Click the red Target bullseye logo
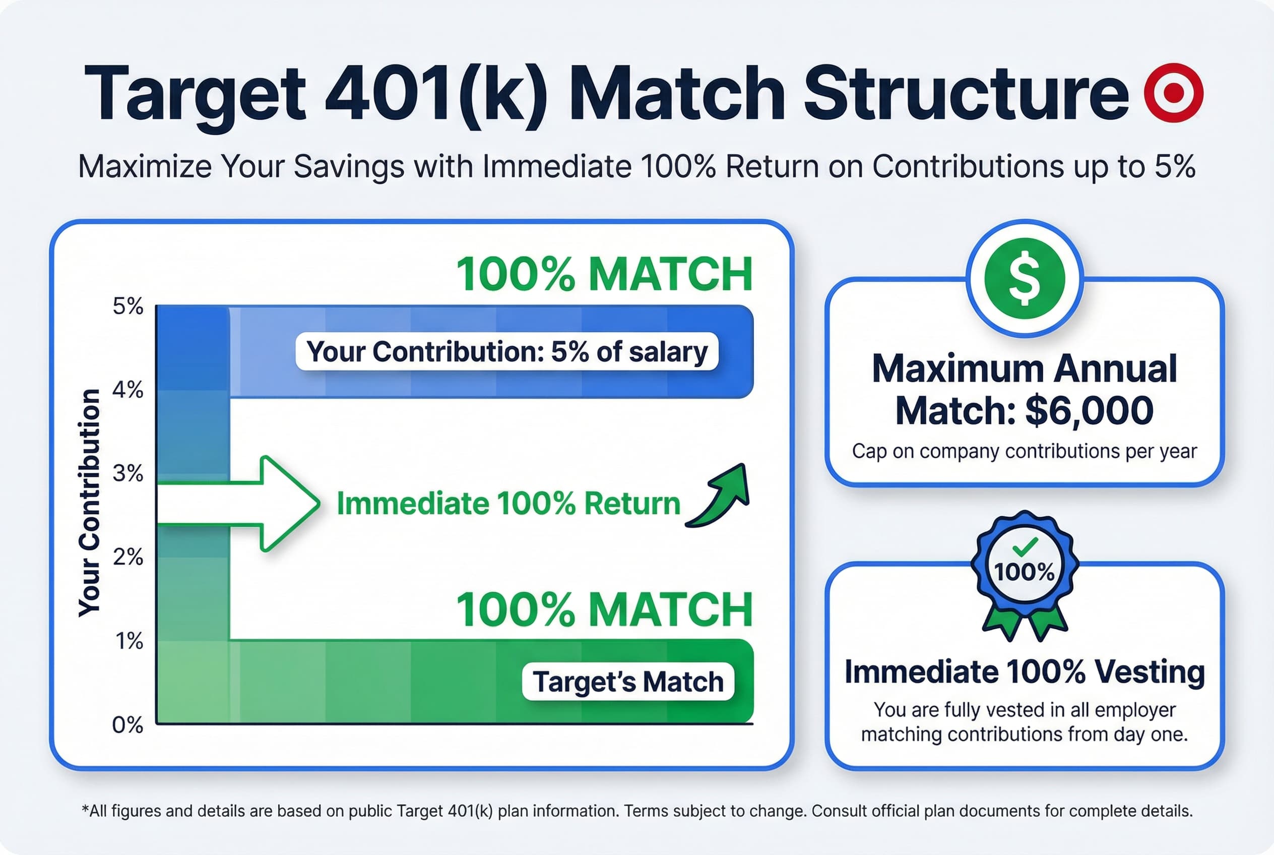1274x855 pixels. pyautogui.click(x=1173, y=92)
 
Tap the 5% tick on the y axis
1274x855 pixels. pyautogui.click(x=128, y=307)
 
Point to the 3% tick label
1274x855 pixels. pyautogui.click(x=128, y=473)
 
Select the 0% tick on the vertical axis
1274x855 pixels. pyautogui.click(x=128, y=724)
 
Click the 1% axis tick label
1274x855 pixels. pyautogui.click(x=129, y=641)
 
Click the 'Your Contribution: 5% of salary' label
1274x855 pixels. pyautogui.click(x=506, y=352)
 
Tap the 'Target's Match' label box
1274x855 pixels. pyautogui.click(x=628, y=682)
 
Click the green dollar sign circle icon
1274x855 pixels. pyautogui.click(x=1025, y=278)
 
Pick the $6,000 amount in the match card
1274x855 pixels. pyautogui.click(x=1089, y=410)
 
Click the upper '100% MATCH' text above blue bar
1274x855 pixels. pyautogui.click(x=604, y=274)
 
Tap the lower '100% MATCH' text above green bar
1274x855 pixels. pyautogui.click(x=604, y=609)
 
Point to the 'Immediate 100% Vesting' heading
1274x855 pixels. pyautogui.click(x=1025, y=672)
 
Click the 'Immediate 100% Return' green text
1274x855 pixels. pyautogui.click(x=508, y=503)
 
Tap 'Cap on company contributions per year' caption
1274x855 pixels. pyautogui.click(x=1025, y=452)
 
